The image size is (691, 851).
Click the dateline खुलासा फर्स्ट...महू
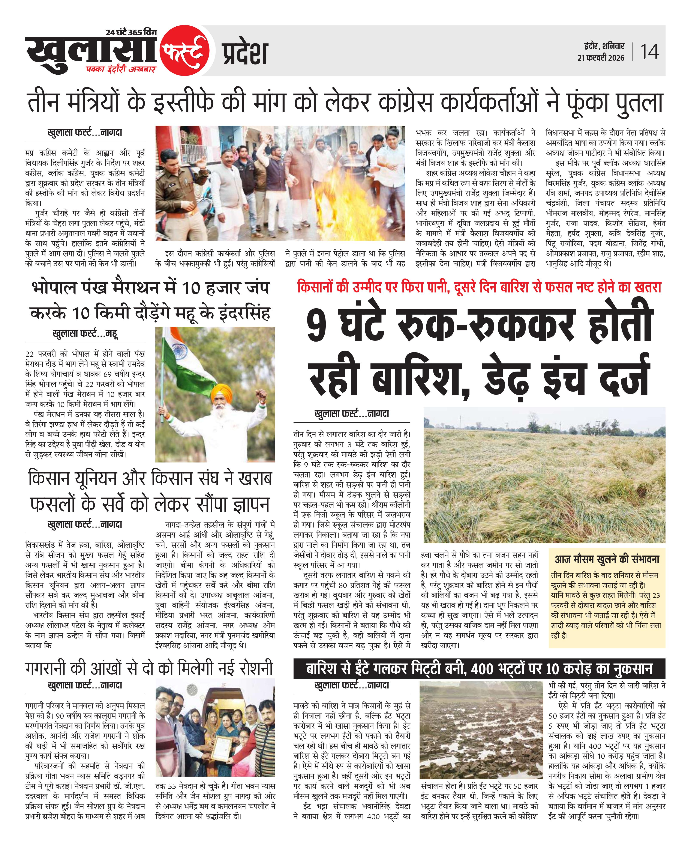85,334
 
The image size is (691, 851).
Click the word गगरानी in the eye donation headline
51,668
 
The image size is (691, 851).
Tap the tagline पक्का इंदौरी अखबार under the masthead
121,69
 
